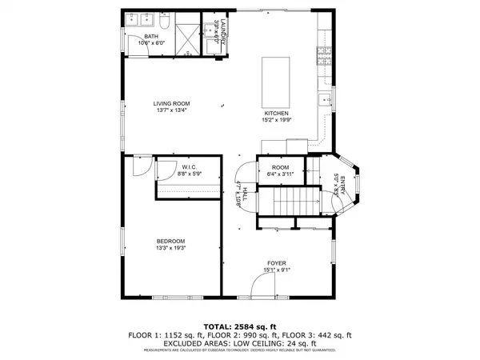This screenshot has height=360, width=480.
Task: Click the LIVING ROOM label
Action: (x=171, y=103)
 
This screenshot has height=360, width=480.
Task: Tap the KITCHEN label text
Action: (x=276, y=114)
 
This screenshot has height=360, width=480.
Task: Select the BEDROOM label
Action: (x=170, y=241)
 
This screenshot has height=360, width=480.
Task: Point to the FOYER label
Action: (x=277, y=263)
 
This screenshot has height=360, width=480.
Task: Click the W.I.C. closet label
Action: (x=190, y=166)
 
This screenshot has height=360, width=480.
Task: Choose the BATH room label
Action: (x=151, y=37)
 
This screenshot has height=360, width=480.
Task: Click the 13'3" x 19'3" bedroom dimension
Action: (x=170, y=248)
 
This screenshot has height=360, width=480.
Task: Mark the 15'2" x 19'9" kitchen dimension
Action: (x=276, y=121)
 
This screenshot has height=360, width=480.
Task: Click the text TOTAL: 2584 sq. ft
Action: (x=240, y=326)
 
